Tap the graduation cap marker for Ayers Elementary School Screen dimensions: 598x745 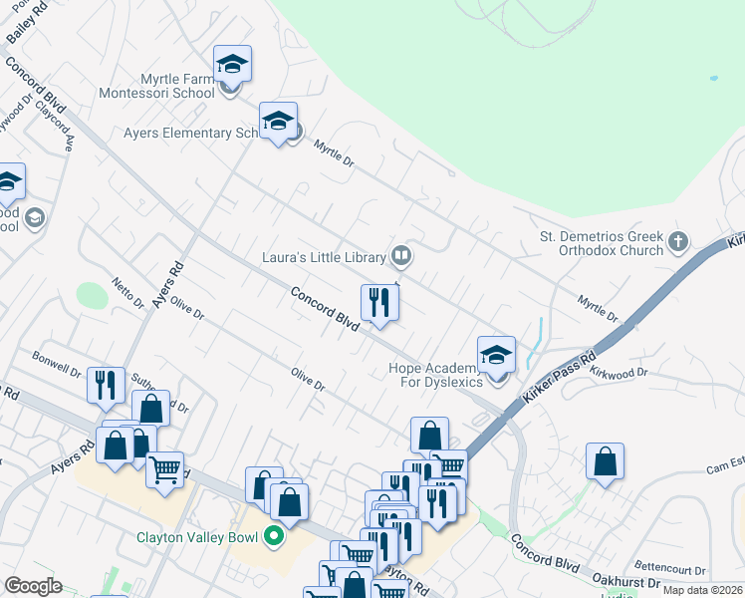coord(278,123)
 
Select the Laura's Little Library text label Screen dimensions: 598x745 coord(323,257)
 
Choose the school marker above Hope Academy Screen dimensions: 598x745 coord(496,355)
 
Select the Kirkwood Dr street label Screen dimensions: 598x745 coord(619,372)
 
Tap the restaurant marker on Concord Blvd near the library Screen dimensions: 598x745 coord(379,303)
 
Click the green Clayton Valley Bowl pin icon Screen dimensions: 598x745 coord(272,538)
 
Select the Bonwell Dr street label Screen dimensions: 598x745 coord(56,363)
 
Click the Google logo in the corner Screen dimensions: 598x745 coord(34,585)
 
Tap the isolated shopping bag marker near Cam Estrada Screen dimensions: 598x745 coord(605,461)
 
